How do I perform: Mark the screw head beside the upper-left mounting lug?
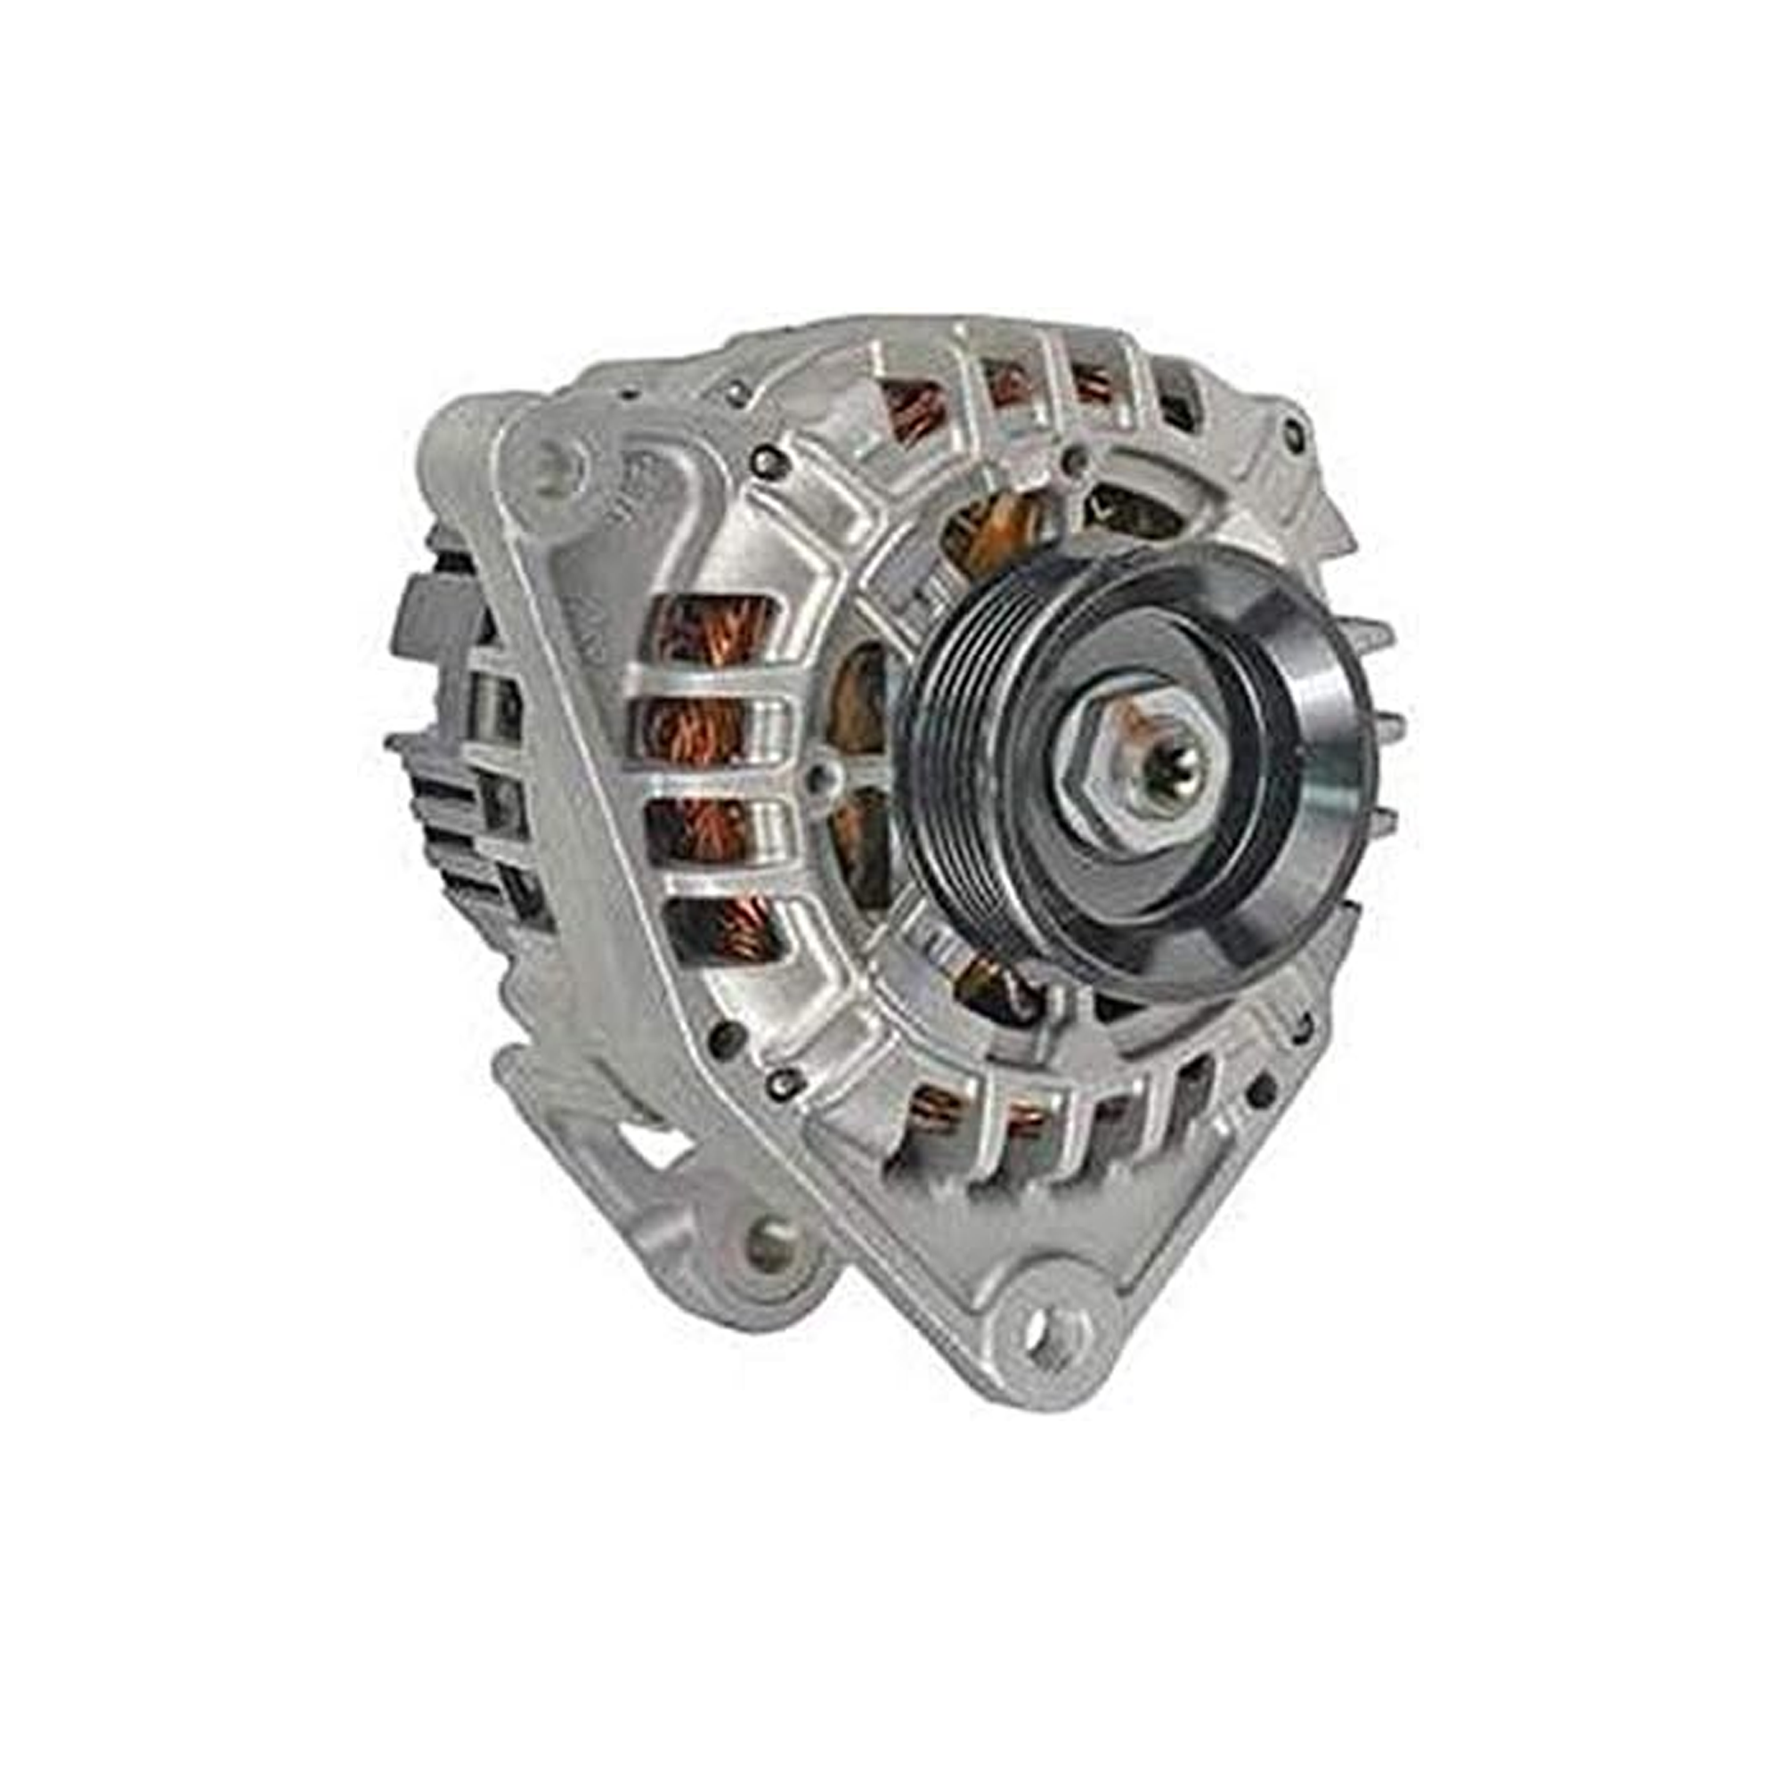coord(767,461)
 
